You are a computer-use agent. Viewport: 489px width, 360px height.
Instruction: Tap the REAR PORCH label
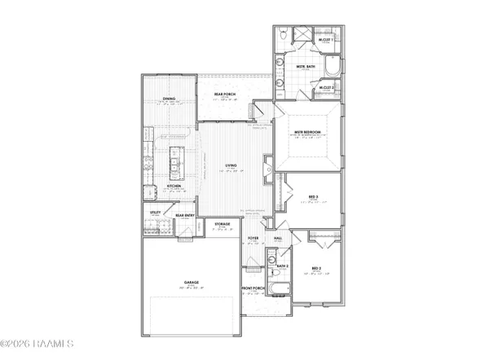[x=225, y=94]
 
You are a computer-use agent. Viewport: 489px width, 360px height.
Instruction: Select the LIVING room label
[x=231, y=166]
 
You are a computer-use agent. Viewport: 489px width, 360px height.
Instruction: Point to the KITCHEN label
[x=174, y=187]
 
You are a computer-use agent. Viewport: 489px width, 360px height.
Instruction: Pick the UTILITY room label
[x=155, y=213]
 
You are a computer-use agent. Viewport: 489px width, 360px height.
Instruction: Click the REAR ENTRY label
[x=185, y=216]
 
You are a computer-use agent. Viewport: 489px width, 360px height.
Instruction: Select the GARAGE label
[x=192, y=283]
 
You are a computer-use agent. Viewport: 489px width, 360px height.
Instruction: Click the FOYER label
[x=254, y=239]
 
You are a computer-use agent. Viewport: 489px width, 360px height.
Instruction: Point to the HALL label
[x=278, y=238]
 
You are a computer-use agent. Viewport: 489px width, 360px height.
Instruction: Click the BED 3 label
[x=314, y=196]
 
